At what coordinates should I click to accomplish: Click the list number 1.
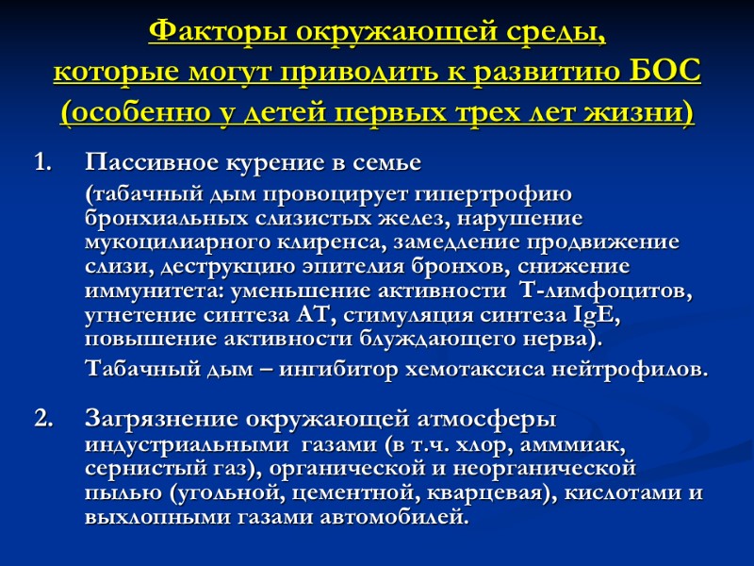click(41, 163)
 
